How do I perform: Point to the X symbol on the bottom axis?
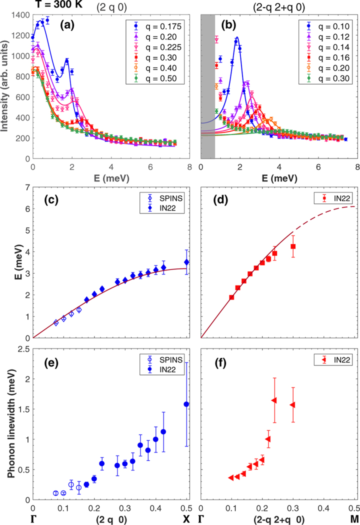point(187,515)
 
